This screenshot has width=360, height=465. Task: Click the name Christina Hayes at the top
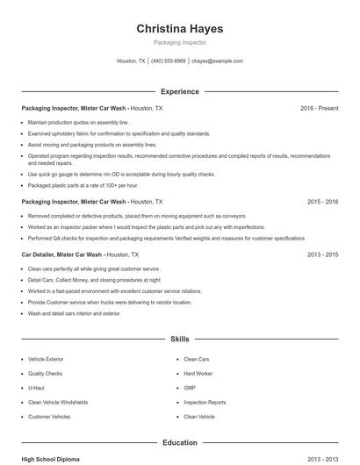pos(180,28)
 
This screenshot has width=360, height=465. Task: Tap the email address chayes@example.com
pos(217,61)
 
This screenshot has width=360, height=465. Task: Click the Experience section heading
pos(180,91)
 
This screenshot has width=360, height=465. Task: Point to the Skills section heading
pos(180,339)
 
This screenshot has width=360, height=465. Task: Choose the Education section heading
pos(180,443)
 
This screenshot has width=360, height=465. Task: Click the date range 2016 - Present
pos(319,108)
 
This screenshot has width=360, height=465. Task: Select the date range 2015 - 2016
pos(323,201)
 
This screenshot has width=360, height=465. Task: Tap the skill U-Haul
pos(36,387)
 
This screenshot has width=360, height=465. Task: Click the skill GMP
pos(190,387)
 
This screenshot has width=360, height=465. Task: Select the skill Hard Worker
pos(198,373)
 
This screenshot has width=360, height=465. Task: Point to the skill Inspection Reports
pos(205,402)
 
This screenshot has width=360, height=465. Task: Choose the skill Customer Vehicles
pos(49,417)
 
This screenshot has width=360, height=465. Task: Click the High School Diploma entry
pos(51,459)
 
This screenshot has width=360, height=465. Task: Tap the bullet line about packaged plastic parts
pos(83,185)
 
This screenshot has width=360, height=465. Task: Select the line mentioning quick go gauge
pos(121,175)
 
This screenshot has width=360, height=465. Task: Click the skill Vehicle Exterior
pos(46,359)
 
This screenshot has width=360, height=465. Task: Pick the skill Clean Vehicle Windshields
pos(58,402)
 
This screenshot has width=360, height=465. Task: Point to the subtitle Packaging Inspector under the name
pos(180,43)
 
